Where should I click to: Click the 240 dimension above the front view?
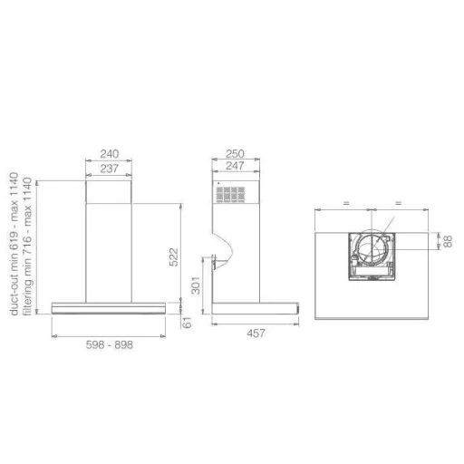(x=110, y=154)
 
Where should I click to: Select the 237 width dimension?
(x=109, y=169)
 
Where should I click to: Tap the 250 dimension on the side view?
(x=235, y=154)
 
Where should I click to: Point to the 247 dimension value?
(x=235, y=166)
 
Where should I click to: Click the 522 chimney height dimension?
(x=174, y=257)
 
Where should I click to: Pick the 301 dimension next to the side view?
(x=196, y=285)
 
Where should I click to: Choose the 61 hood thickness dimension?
(x=187, y=323)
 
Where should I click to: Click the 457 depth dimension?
(x=256, y=333)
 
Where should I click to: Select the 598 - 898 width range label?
(x=110, y=344)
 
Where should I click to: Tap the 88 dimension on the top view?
(x=448, y=241)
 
